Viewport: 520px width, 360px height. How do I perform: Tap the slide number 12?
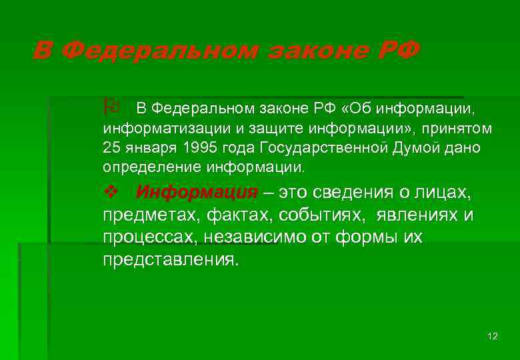493,335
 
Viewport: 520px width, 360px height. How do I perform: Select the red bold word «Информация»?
196,193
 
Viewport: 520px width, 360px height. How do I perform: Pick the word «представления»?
169,259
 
